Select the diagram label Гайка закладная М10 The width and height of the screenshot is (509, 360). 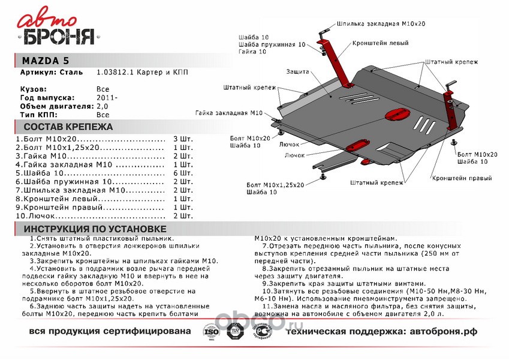229,113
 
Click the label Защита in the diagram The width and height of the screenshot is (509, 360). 297,72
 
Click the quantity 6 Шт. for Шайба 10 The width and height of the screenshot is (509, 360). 182,172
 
